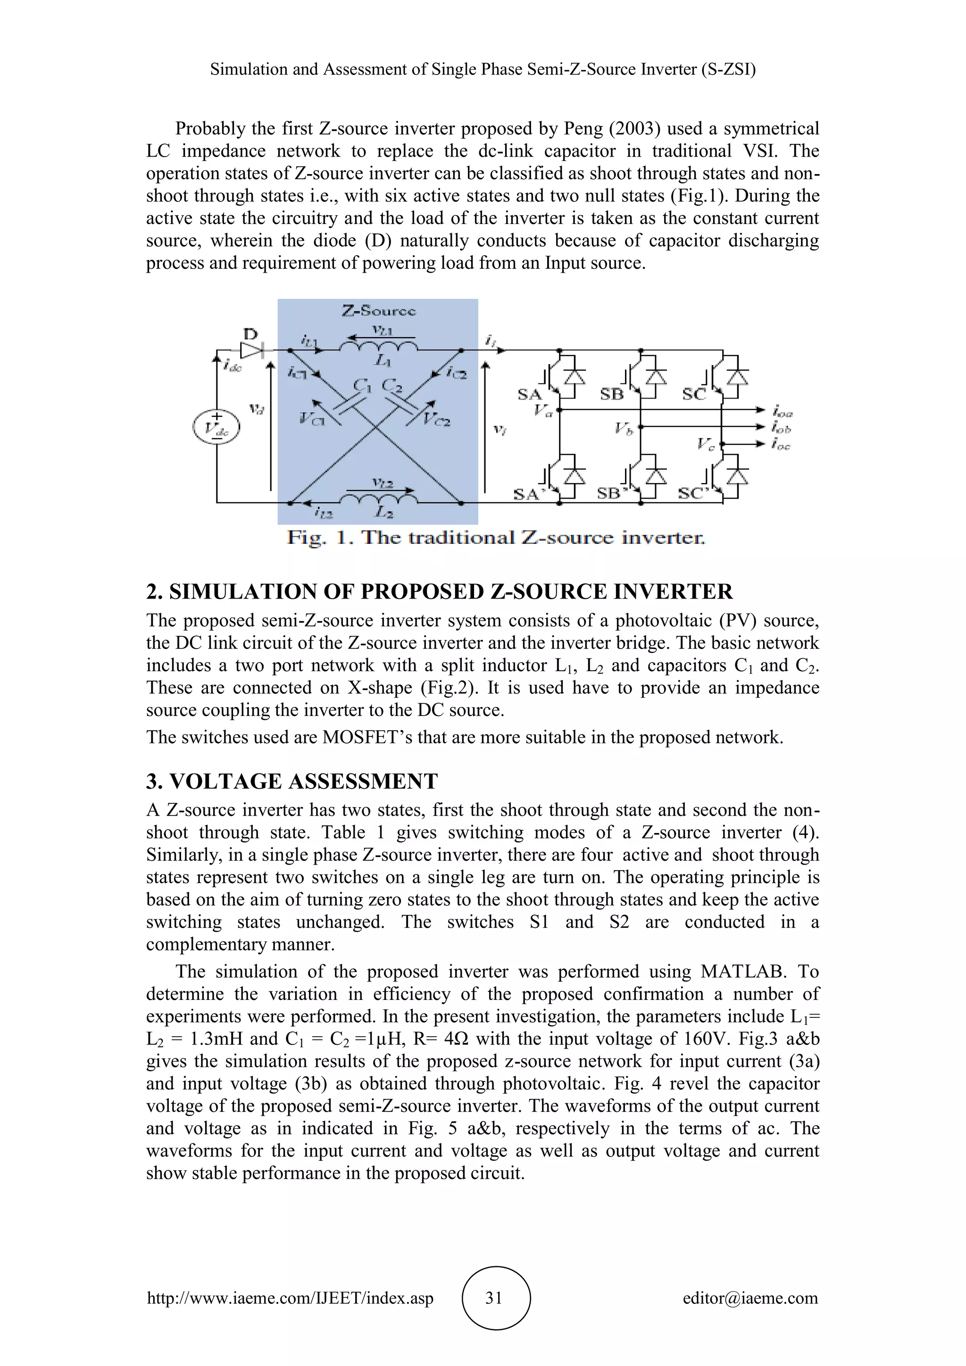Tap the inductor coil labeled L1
379,346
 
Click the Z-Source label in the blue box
379,310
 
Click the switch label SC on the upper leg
693,394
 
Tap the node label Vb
624,428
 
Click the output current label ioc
782,444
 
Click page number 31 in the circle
494,1298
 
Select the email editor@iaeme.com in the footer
750,1298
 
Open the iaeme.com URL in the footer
290,1298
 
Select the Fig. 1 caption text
495,538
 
